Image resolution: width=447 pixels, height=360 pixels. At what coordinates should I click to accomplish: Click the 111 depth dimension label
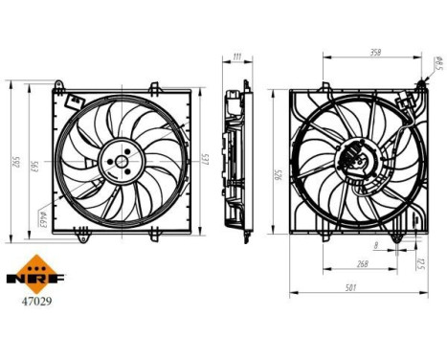(x=236, y=57)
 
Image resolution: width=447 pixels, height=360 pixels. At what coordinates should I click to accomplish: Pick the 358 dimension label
(x=378, y=54)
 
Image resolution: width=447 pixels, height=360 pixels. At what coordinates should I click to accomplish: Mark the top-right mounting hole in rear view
(x=420, y=85)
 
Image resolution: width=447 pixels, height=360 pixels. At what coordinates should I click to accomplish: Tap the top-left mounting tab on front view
(x=59, y=91)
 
